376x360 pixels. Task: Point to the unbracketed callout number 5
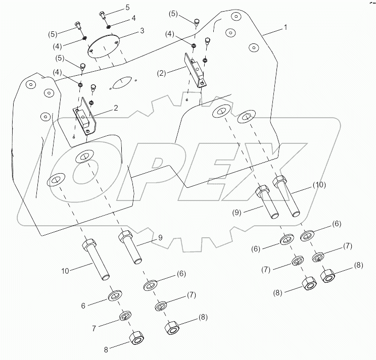click(x=127, y=8)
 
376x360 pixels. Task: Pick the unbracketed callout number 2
click(x=116, y=108)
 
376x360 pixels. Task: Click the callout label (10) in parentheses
click(x=319, y=185)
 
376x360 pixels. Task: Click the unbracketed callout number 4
click(x=120, y=18)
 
